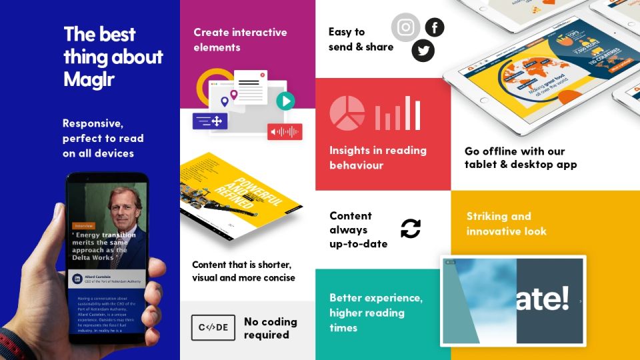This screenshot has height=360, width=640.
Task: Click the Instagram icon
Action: tap(405, 27)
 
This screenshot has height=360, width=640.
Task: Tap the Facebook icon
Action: tap(435, 27)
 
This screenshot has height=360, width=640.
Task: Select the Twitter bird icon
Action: tap(423, 50)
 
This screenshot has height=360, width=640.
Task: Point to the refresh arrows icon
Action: tap(411, 229)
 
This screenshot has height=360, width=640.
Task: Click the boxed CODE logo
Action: tap(213, 327)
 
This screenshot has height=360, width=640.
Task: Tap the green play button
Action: tap(285, 101)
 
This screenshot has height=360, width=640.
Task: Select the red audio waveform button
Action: tap(285, 131)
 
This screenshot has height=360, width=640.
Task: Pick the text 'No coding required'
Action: tap(270, 328)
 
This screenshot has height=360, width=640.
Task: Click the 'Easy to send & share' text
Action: tap(361, 39)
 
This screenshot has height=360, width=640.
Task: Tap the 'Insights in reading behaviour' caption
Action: tap(377, 157)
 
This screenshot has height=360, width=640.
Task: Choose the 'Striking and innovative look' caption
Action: tap(506, 224)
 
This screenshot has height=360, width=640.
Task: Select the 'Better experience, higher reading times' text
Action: tap(375, 313)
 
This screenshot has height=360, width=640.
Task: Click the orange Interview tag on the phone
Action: tap(84, 225)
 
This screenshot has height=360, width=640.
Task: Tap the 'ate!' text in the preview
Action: tap(543, 299)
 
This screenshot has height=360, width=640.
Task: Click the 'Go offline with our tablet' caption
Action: tap(520, 158)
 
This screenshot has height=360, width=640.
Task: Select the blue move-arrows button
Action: tap(211, 121)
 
